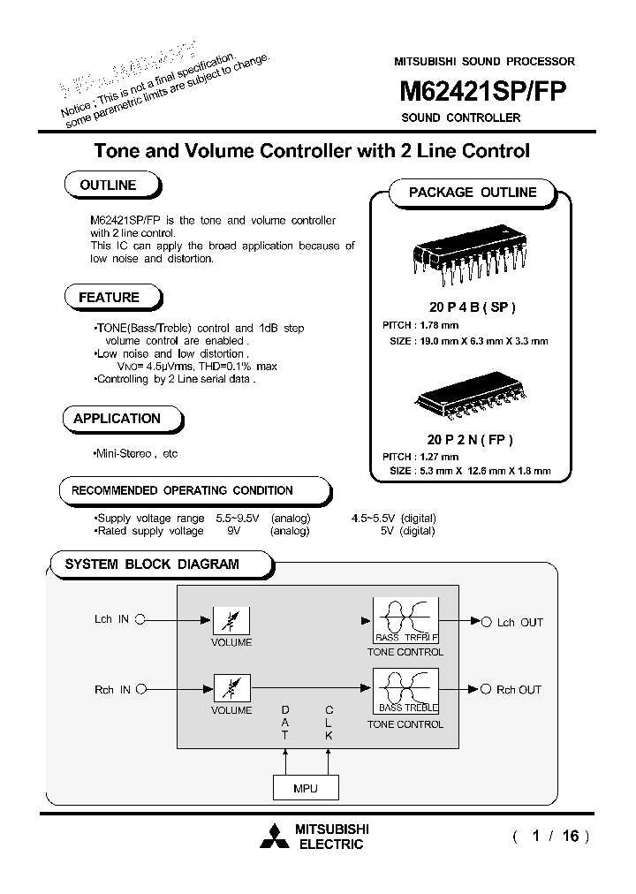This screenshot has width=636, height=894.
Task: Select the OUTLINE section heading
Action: [x=108, y=186]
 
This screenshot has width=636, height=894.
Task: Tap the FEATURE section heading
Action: [x=109, y=298]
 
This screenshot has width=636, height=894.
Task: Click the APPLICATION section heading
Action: [x=117, y=419]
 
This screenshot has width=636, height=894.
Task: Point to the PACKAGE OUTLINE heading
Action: [x=472, y=193]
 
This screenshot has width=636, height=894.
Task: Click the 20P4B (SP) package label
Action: [x=472, y=307]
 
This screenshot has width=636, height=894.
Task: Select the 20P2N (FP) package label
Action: [x=470, y=439]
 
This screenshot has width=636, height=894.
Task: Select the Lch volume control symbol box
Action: [x=231, y=620]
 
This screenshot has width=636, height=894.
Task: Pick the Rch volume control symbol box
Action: [x=231, y=687]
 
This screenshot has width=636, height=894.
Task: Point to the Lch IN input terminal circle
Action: [x=140, y=620]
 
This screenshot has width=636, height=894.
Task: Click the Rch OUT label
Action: [x=519, y=690]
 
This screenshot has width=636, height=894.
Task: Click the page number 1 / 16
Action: [x=550, y=836]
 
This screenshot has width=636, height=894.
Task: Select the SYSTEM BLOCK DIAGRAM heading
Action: [x=152, y=564]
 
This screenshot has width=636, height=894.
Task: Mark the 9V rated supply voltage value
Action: [x=234, y=531]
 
